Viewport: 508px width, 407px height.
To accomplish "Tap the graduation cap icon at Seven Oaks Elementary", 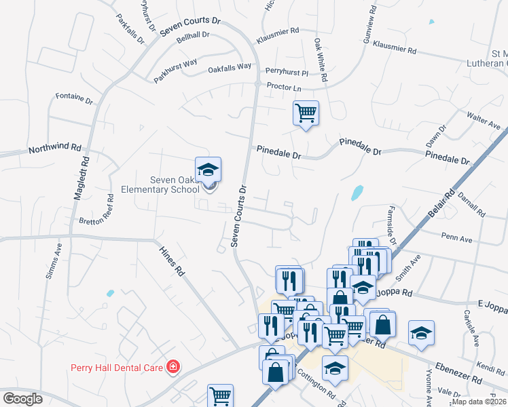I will tap(208, 169).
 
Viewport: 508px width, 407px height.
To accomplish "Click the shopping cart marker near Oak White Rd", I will tap(306, 113).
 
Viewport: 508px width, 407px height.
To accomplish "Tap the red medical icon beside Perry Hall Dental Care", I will tap(173, 367).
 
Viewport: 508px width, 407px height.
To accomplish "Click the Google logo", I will tap(23, 398).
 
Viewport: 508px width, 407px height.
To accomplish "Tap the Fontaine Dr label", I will tap(74, 98).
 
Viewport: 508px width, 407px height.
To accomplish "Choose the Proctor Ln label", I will tap(284, 87).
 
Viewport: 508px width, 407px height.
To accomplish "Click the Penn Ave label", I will tap(456, 239).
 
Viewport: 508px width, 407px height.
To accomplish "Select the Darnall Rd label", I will tap(471, 203).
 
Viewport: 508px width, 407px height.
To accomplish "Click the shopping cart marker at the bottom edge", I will tap(220, 395).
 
